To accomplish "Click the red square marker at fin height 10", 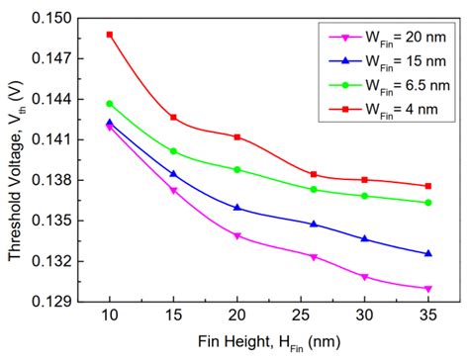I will [110, 35].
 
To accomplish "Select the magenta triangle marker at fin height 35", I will [428, 289].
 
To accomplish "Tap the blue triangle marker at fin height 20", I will [237, 208].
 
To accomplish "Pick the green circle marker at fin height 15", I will [173, 151].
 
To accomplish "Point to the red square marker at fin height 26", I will [314, 174].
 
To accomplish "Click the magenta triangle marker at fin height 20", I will [237, 236].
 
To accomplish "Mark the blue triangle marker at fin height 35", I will [428, 254].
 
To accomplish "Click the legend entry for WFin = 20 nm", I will [383, 38].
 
